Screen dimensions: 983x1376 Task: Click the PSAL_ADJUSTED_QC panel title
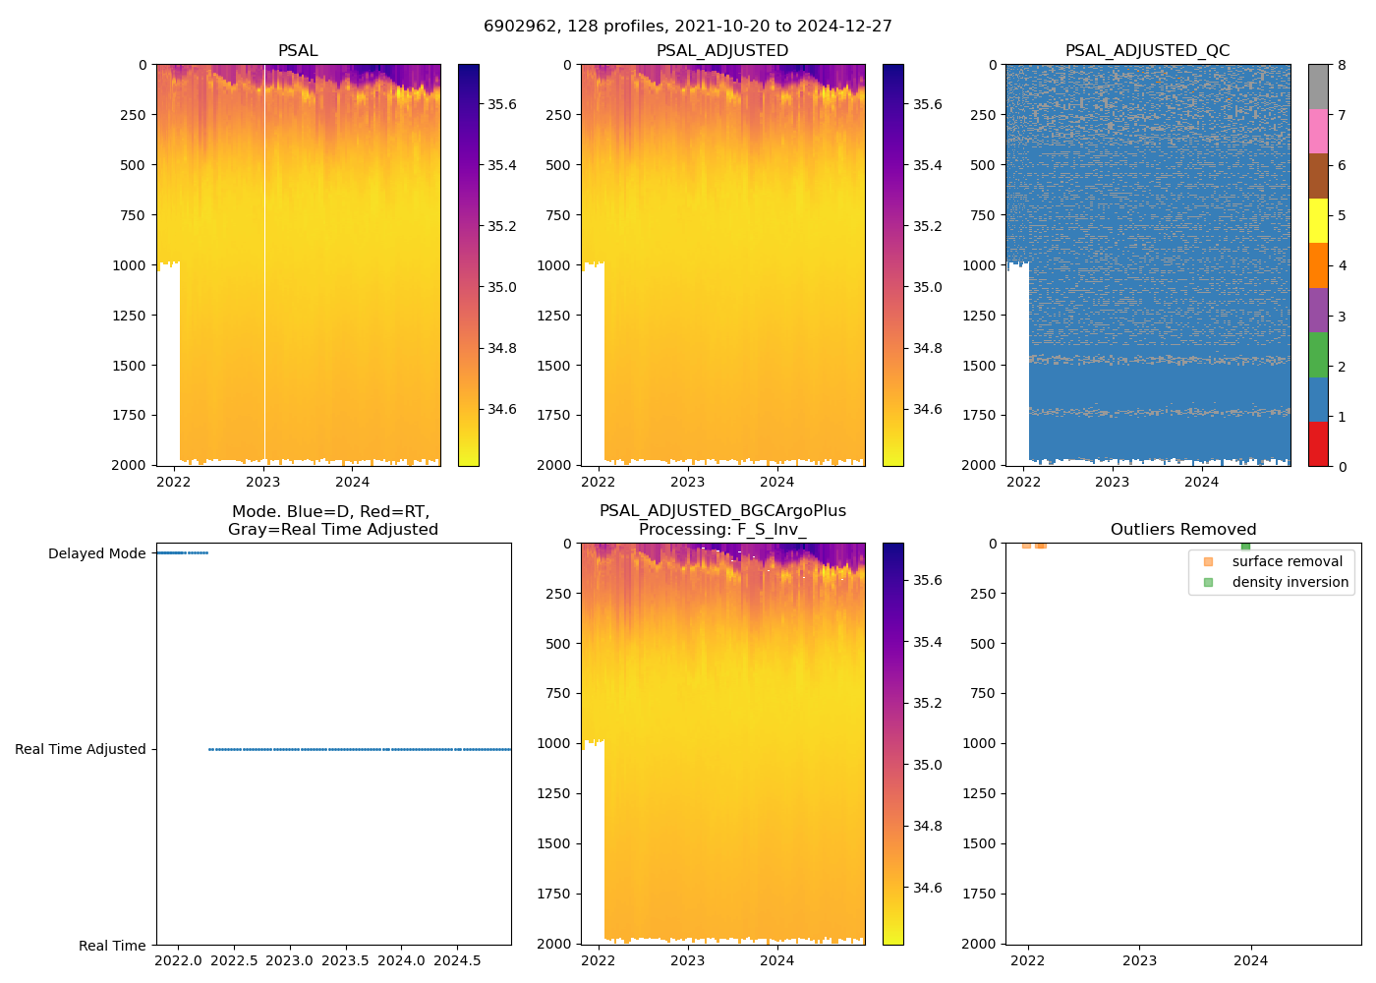pos(1147,51)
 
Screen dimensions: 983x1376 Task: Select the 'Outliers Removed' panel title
pos(1183,530)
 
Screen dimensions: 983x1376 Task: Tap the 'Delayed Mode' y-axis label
pos(96,553)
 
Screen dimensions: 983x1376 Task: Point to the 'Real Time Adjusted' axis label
pos(80,749)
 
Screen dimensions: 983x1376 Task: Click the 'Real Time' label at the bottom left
pos(112,946)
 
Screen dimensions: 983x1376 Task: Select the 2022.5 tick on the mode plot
pos(234,960)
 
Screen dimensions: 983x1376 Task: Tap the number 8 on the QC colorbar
pos(1342,65)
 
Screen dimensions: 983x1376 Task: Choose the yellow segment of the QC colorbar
pos(1318,220)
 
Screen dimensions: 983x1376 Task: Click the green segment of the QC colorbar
pos(1318,354)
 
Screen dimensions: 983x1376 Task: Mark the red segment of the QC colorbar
pos(1318,443)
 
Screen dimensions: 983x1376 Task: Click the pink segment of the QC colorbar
pos(1318,131)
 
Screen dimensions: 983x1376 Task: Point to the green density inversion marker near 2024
pos(1245,546)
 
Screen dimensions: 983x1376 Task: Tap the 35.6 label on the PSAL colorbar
pos(502,104)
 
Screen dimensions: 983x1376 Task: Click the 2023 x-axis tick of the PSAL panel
pos(262,482)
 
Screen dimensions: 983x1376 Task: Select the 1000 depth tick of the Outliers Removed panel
pos(981,743)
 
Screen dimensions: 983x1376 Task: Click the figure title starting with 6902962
pos(688,27)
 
